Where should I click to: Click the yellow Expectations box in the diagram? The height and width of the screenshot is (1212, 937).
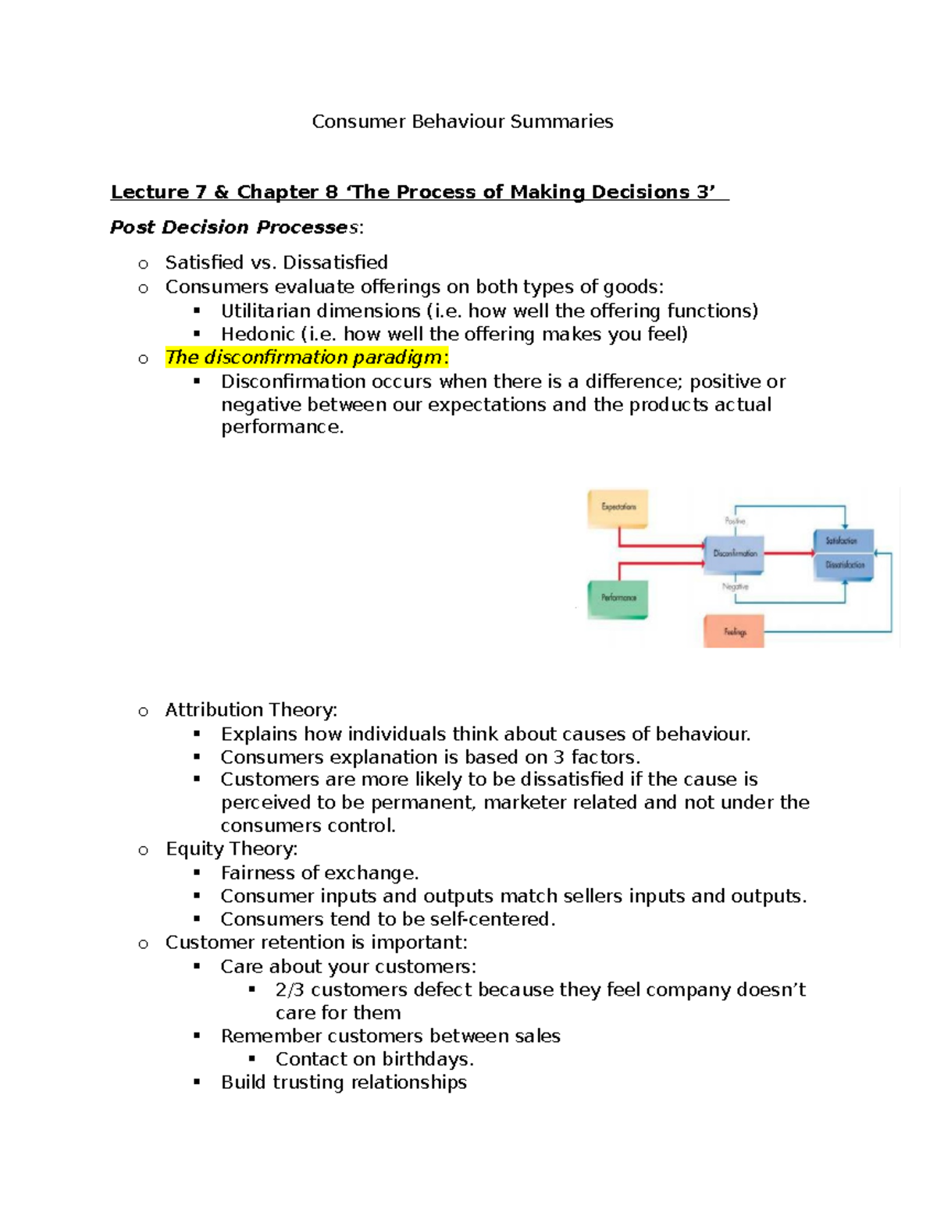pyautogui.click(x=618, y=508)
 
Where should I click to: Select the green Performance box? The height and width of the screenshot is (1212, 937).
pyautogui.click(x=618, y=599)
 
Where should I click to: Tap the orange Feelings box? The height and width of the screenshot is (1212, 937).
pyautogui.click(x=734, y=631)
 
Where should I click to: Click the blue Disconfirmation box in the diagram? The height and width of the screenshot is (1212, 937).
pyautogui.click(x=734, y=553)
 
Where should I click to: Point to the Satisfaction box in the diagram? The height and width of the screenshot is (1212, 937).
pyautogui.click(x=843, y=540)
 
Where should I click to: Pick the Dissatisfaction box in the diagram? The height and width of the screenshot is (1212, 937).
pyautogui.click(x=844, y=565)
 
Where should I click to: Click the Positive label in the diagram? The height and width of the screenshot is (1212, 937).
pyautogui.click(x=735, y=521)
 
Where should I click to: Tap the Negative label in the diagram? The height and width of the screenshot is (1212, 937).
pyautogui.click(x=735, y=586)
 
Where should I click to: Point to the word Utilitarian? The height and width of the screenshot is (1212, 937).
pyautogui.click(x=265, y=311)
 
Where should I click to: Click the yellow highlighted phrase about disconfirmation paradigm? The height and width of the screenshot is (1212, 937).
pyautogui.click(x=304, y=357)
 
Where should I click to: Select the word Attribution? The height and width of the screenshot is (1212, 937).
pyautogui.click(x=204, y=709)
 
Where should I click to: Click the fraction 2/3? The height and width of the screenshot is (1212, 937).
pyautogui.click(x=290, y=990)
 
